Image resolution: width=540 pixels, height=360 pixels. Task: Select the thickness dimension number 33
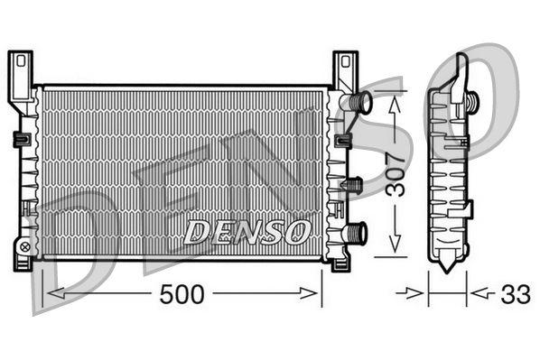[517, 293]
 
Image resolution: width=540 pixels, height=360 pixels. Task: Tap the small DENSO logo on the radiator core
[247, 231]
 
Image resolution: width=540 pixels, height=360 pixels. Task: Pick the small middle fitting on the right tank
[352, 184]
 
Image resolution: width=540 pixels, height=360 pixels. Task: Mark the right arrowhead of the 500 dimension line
[317, 293]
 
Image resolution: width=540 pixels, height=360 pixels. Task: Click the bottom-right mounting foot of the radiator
[340, 263]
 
